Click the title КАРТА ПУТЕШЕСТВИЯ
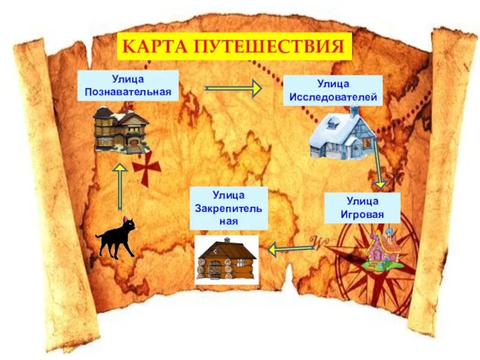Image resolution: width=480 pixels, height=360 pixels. (x=234, y=46)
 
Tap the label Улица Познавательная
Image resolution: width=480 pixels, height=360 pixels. (x=128, y=86)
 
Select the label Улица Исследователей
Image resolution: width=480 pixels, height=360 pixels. (x=333, y=91)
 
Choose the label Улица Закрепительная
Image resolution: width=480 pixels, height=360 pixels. (x=228, y=208)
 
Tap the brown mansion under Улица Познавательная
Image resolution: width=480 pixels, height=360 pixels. (x=120, y=128)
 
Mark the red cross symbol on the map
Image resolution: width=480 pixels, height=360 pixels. (x=143, y=167)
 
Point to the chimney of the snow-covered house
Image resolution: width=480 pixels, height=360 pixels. (x=355, y=111)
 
